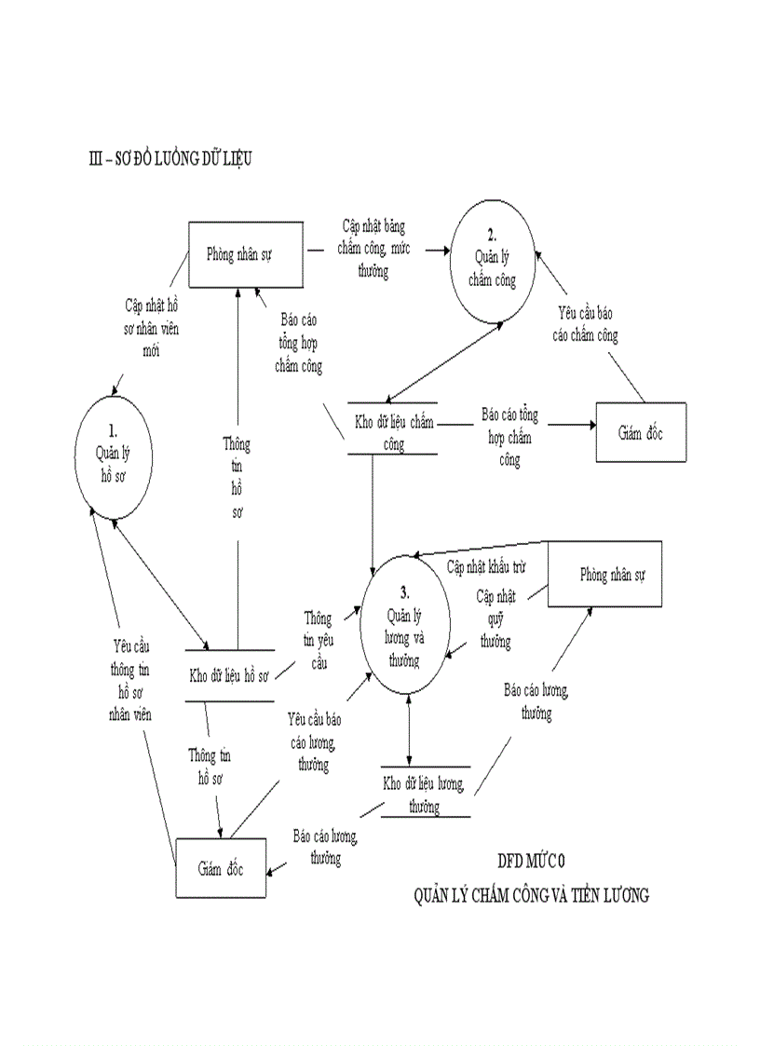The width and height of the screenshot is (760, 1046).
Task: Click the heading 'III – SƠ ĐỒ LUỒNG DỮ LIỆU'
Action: (169, 159)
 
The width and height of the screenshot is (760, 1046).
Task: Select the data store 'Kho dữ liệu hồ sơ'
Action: (229, 675)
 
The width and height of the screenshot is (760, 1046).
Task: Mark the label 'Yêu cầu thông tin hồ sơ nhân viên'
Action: (130, 680)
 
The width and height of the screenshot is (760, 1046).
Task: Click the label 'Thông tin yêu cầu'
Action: (317, 640)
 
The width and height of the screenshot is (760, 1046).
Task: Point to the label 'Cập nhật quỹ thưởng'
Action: (495, 618)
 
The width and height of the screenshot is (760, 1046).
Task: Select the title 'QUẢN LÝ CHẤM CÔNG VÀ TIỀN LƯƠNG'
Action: (532, 896)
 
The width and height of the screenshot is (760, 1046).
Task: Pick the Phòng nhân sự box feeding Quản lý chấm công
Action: (246, 254)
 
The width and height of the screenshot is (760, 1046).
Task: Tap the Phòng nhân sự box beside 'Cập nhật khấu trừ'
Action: (604, 574)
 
